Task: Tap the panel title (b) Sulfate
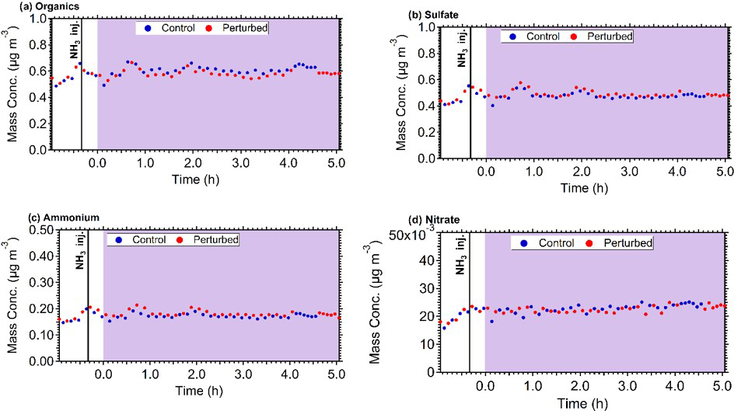click(422, 15)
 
